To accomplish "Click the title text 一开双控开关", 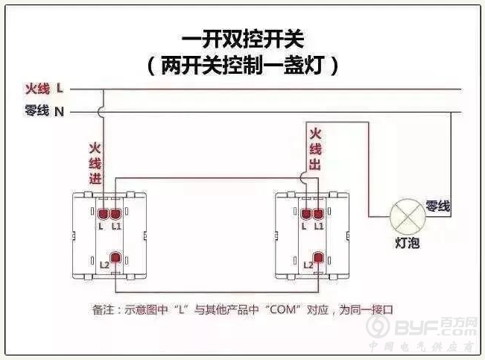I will [241, 37].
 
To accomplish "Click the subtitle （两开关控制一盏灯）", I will [243, 65].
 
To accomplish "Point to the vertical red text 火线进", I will [95, 163].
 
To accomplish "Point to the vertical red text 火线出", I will [315, 150].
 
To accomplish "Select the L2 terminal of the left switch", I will [115, 259].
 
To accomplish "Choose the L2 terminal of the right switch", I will [318, 259].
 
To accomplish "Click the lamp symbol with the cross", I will [408, 218].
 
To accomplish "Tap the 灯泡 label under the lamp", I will [408, 244].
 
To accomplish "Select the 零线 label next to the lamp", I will [437, 205].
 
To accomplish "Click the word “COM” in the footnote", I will [277, 308].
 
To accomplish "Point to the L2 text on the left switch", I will [104, 265].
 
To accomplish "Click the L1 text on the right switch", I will [319, 226].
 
